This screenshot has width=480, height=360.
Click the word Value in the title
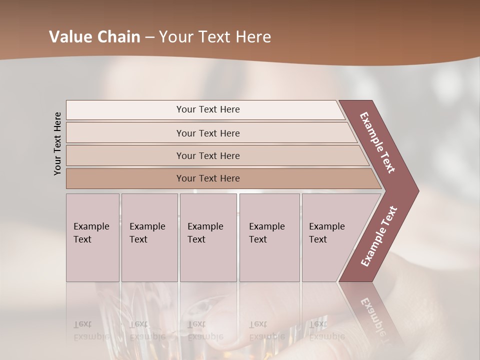point(70,37)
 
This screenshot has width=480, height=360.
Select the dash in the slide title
point(149,37)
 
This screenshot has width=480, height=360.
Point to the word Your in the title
point(176,37)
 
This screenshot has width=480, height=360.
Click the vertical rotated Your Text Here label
point(57,143)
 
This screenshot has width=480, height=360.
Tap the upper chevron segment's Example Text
point(377,142)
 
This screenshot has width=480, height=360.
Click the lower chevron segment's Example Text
point(378,236)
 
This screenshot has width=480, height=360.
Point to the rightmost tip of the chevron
point(417,191)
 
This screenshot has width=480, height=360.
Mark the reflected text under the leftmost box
point(91,330)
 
